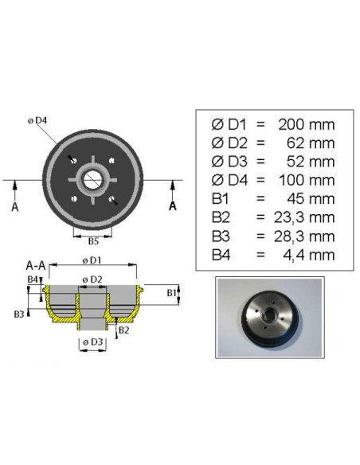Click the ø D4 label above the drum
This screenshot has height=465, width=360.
pos(37,121)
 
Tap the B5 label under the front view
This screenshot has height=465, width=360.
pos(93,241)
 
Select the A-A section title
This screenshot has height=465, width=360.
pos(36,265)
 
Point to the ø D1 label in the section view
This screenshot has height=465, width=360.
pos(92,260)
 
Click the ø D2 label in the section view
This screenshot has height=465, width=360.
pos(92,279)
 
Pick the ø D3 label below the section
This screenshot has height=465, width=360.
pos(93,342)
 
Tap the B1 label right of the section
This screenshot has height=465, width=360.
pos(172,293)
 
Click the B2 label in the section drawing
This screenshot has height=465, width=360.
pos(123,330)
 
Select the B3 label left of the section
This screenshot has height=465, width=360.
pos(19,314)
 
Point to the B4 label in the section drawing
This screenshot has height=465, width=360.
pos(33,279)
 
